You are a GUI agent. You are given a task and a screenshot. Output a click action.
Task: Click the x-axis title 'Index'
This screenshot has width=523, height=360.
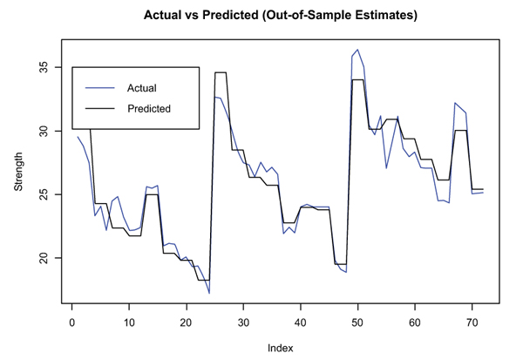click(x=281, y=347)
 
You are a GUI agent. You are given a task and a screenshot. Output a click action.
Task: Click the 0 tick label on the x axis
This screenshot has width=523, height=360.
click(x=72, y=323)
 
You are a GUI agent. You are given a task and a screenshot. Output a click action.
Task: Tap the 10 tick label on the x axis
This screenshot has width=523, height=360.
click(x=129, y=323)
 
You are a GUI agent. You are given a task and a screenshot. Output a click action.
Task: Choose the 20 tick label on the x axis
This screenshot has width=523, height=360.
click(x=186, y=323)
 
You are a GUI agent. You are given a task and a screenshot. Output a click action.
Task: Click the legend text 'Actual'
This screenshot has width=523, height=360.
click(x=141, y=88)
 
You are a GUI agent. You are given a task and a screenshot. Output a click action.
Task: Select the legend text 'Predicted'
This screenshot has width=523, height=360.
click(x=148, y=109)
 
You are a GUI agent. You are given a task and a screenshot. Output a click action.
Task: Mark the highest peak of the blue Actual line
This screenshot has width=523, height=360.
click(x=357, y=50)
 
